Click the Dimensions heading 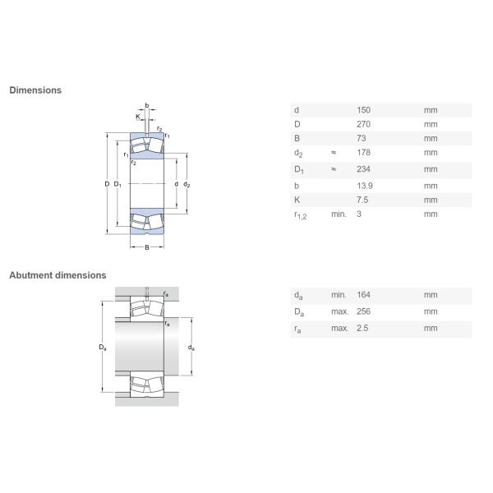[x=35, y=90]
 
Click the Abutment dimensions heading [x=58, y=275]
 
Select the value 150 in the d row [x=363, y=110]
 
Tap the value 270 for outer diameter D [x=363, y=124]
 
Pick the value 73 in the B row [x=361, y=138]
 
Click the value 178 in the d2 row [x=363, y=153]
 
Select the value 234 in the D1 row [x=363, y=170]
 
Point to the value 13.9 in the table [x=364, y=186]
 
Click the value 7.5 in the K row [x=362, y=200]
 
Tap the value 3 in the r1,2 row [x=358, y=214]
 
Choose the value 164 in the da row [x=363, y=295]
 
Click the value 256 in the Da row [x=363, y=311]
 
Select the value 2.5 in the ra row [x=362, y=328]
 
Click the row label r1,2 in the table [x=300, y=215]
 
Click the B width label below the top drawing [x=147, y=247]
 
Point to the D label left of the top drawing [x=107, y=184]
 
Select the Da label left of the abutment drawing [x=103, y=348]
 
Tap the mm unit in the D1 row [x=431, y=170]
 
